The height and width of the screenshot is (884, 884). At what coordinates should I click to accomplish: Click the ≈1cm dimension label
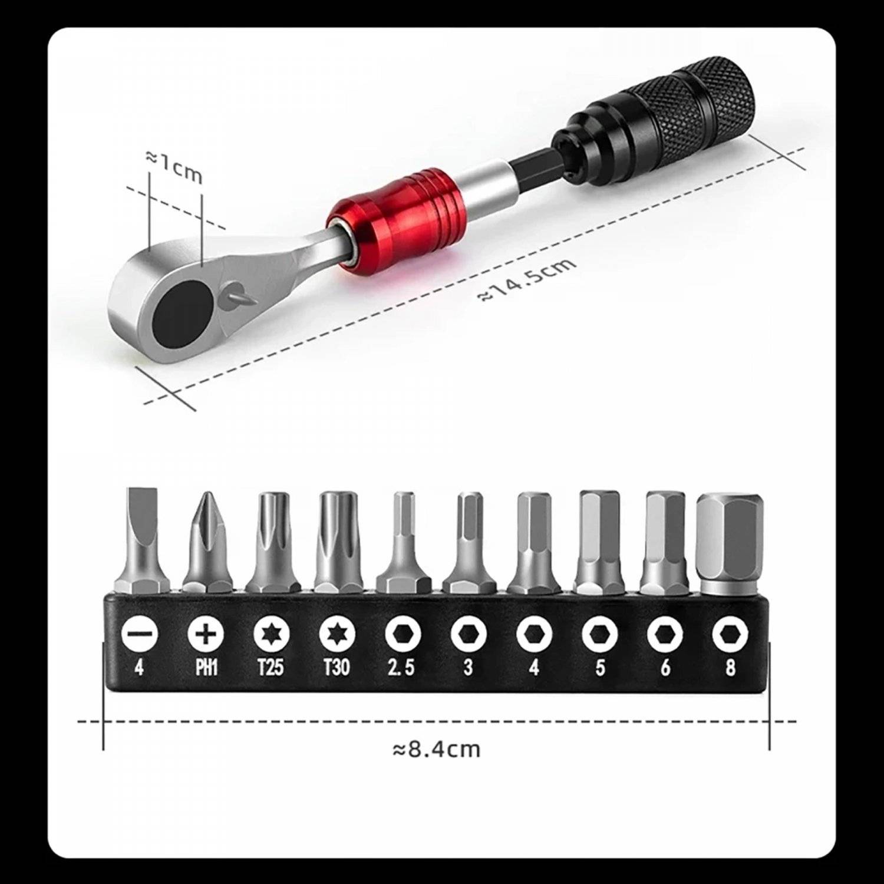[x=174, y=166]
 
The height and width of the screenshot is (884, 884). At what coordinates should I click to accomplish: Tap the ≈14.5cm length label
[x=526, y=280]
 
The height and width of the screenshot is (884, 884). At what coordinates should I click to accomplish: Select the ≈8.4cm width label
[x=436, y=749]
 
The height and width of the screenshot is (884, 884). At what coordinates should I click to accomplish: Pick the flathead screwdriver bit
[x=140, y=539]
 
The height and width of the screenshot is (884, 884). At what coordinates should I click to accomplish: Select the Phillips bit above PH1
[x=206, y=542]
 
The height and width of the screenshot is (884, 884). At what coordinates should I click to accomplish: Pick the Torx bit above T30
[x=337, y=539]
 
